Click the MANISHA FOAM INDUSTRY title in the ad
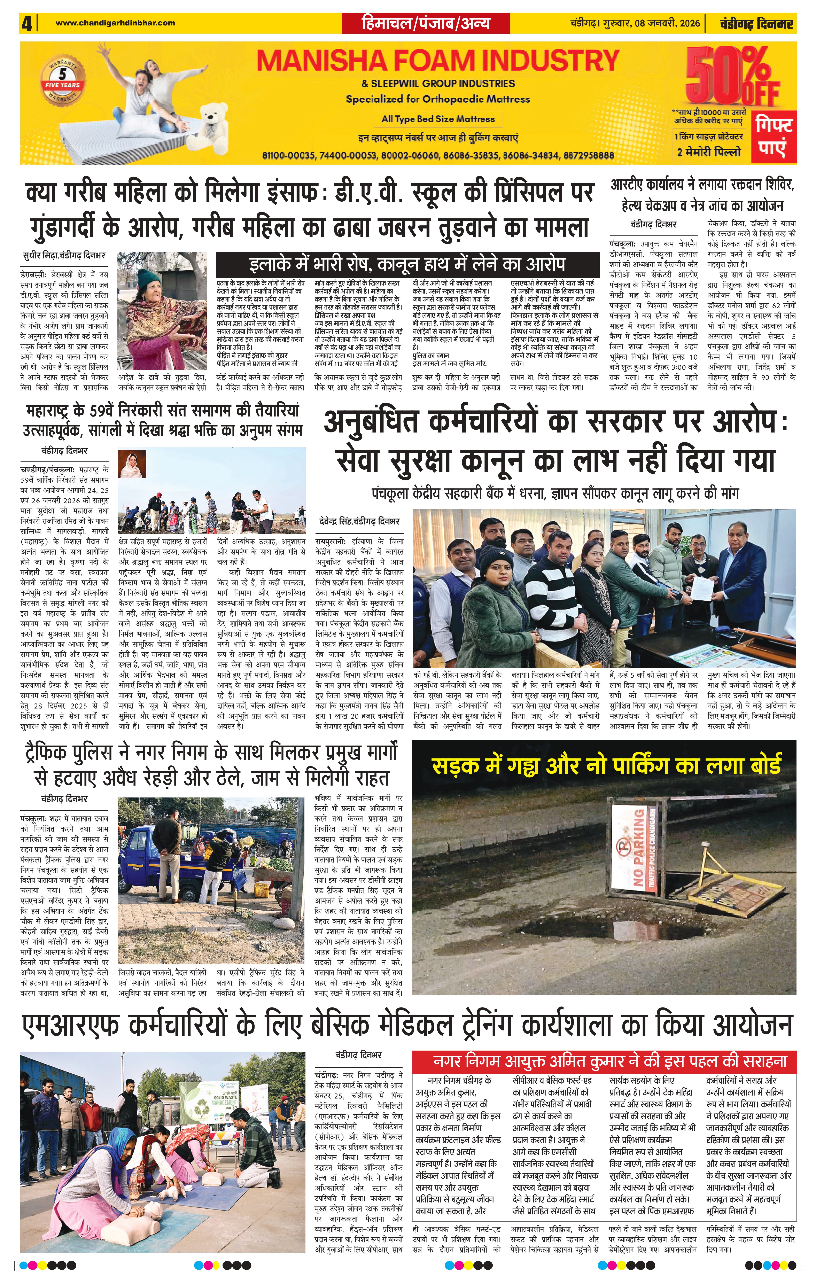pyautogui.click(x=438, y=61)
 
